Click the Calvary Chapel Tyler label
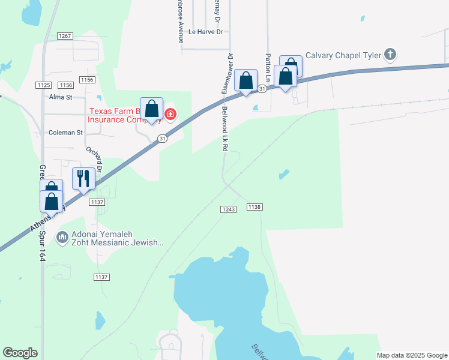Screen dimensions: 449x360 [343, 55]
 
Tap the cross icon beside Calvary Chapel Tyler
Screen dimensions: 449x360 [390, 55]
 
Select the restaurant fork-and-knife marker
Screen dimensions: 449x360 [83, 179]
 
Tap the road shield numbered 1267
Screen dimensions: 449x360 [65, 36]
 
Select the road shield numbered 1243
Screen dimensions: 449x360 [228, 209]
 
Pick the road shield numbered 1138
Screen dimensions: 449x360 [254, 206]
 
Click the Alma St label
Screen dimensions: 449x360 [60, 97]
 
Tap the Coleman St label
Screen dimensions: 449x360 [65, 133]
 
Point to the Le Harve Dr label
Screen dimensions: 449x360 [205, 32]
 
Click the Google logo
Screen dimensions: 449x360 [20, 353]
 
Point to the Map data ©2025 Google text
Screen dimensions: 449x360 [411, 355]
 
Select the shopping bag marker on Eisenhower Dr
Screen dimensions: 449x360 [246, 81]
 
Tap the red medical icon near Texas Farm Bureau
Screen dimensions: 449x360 [170, 114]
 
